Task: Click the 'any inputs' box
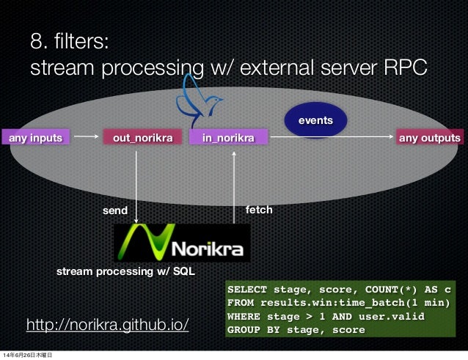[35, 137]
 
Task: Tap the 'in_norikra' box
[229, 137]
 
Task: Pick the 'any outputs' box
[429, 137]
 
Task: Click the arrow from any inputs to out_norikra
[87, 136]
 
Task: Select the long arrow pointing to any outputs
[330, 136]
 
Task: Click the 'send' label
[114, 211]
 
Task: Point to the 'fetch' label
[258, 210]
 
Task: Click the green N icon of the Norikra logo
[139, 241]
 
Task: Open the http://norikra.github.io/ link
[108, 324]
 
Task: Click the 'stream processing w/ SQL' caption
[126, 271]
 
